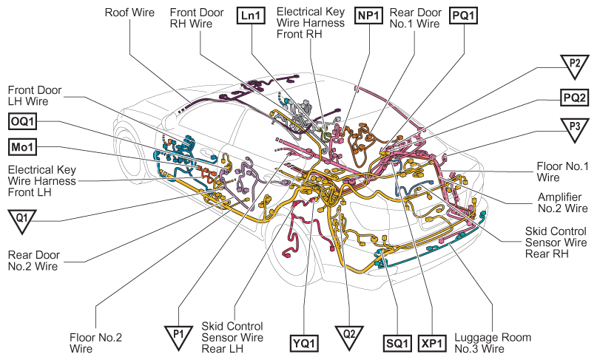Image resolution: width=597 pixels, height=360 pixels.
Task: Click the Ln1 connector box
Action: point(251,16)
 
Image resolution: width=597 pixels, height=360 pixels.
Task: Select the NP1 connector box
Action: point(368,16)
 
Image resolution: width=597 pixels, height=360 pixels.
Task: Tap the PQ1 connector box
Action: point(463,16)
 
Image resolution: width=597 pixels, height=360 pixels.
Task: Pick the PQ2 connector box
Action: point(574,98)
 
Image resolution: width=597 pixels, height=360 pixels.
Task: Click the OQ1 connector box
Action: point(22,122)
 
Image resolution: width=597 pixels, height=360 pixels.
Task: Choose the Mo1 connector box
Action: point(22,147)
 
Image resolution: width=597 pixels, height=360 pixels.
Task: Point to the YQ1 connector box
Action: point(304,344)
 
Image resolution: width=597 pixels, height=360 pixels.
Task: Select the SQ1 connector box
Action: point(397,344)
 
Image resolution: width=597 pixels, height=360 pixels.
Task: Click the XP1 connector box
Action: point(432,344)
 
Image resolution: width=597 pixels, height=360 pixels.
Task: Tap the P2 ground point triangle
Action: point(575,66)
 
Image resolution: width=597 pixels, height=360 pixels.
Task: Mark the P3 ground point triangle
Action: point(575,129)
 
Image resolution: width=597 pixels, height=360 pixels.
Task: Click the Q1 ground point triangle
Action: point(22,220)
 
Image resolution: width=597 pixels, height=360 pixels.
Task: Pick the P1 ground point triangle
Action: point(178,336)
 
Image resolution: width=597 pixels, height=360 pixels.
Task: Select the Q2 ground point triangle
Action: point(349,336)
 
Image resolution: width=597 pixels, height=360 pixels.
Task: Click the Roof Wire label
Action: point(129,13)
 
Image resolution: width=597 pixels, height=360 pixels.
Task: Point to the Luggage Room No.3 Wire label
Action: point(493,343)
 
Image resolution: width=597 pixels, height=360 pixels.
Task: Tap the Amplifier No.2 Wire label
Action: point(562,203)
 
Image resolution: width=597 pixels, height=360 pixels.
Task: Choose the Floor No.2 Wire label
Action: point(95,343)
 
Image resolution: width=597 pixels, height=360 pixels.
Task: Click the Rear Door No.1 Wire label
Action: point(416,18)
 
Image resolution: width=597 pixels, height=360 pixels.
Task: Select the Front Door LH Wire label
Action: point(35,95)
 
